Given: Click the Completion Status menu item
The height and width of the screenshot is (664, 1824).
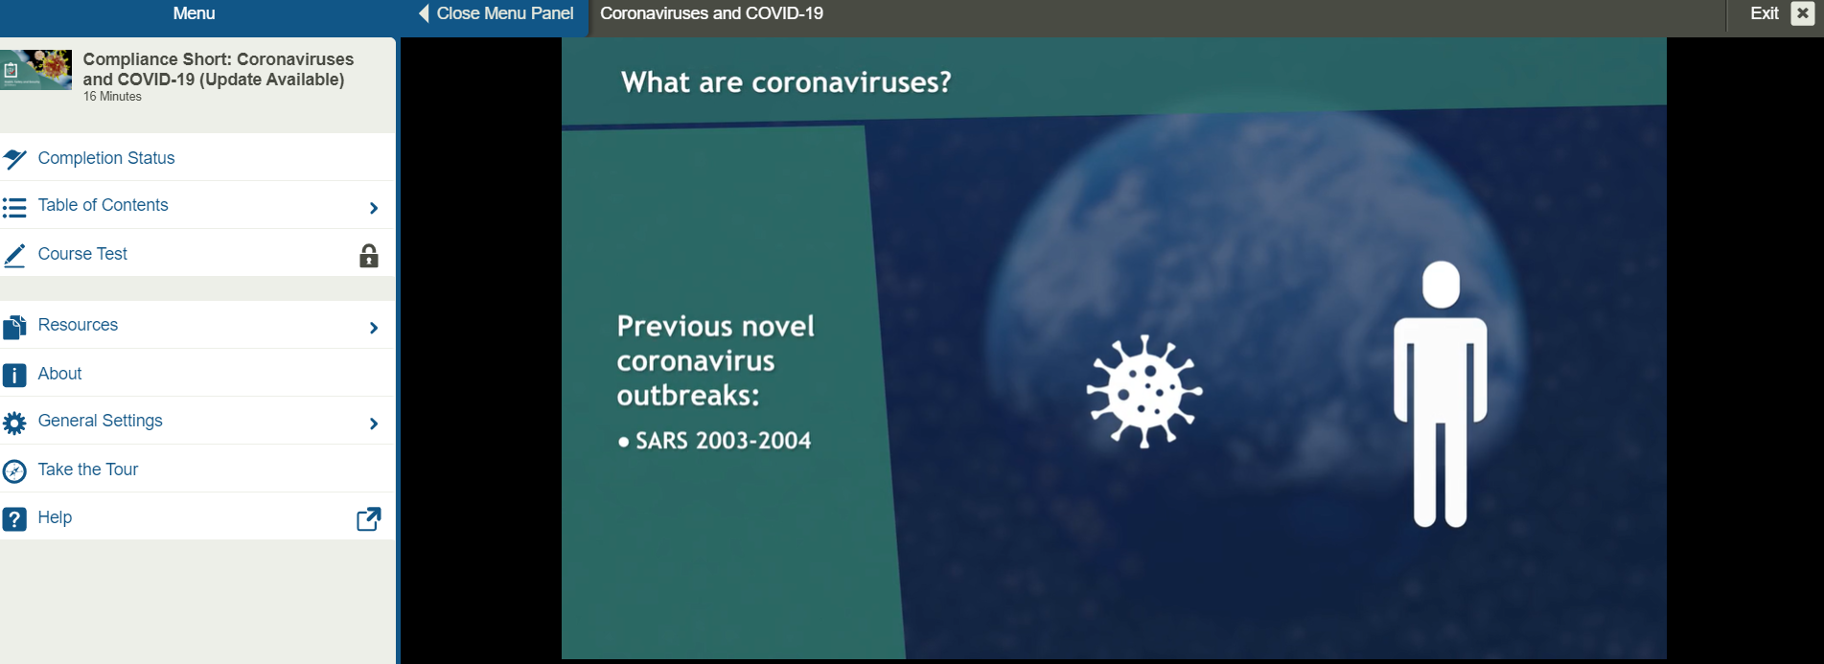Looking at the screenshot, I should click(105, 158).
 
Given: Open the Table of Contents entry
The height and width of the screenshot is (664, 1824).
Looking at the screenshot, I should click(103, 205).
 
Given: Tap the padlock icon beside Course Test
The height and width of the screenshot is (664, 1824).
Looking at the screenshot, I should click(369, 256).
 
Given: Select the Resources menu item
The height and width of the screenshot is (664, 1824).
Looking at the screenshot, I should click(78, 325).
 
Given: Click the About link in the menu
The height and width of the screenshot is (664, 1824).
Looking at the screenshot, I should click(59, 374).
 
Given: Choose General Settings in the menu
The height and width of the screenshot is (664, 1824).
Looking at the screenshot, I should click(100, 421).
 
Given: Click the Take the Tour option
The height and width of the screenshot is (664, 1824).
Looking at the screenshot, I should click(87, 469).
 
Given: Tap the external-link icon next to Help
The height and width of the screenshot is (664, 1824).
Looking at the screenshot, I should click(369, 518).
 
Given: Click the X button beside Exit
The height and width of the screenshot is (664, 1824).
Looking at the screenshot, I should click(1802, 13).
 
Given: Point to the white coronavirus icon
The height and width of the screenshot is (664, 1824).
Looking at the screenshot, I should click(1143, 391).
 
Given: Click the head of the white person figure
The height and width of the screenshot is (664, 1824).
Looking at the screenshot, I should click(1441, 285).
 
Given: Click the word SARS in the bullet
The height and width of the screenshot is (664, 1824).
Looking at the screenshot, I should click(661, 441).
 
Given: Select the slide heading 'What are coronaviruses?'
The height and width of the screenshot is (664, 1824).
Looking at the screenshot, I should click(786, 82).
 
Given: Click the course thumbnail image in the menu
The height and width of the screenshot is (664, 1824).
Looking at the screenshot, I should click(36, 70).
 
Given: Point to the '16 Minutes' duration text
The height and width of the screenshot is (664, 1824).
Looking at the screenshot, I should click(112, 97).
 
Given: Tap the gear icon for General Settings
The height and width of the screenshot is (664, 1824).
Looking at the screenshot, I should click(14, 423).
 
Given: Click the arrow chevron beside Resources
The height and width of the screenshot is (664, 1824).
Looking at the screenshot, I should click(374, 328).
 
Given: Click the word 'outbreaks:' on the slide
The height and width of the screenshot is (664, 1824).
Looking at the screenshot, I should click(687, 396).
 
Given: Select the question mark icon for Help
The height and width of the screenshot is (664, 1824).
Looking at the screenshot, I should click(14, 518).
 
